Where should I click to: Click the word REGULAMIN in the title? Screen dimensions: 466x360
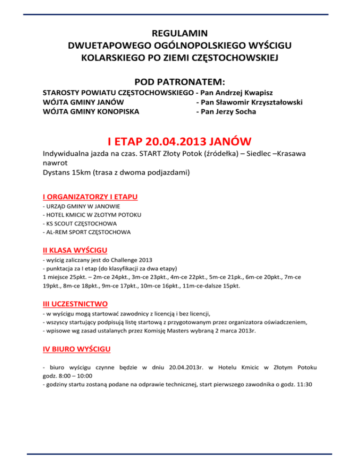180,34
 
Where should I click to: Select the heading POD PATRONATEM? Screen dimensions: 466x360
180,81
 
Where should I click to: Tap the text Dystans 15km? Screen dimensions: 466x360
69,172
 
